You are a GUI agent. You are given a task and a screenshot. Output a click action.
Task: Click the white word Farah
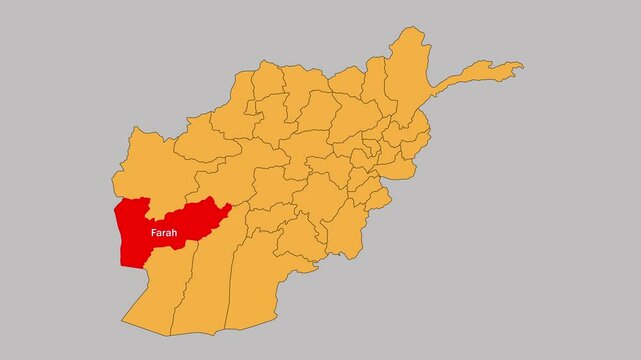pyautogui.click(x=164, y=233)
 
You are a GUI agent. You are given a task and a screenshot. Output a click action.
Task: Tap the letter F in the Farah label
pyautogui.click(x=153, y=233)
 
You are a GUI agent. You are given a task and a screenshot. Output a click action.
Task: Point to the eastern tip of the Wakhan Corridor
pyautogui.click(x=517, y=67)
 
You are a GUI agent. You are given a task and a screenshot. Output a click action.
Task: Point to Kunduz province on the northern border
pyautogui.click(x=345, y=85)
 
